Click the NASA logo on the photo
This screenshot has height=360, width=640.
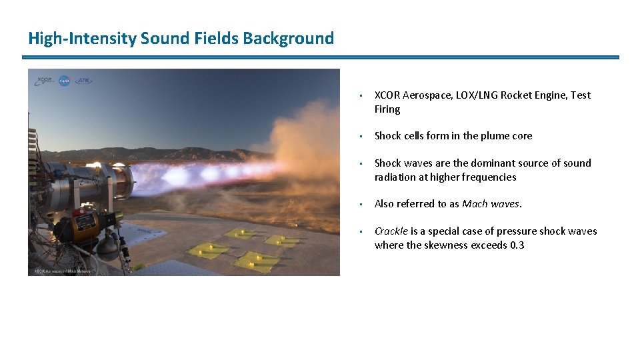(65, 81)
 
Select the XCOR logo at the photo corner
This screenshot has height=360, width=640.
(45, 81)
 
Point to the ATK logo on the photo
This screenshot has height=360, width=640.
(84, 81)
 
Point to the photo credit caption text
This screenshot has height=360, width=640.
(61, 271)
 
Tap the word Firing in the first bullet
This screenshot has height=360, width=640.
(387, 109)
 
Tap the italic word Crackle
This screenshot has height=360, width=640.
(391, 231)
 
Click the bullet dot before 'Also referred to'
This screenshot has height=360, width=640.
(360, 205)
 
